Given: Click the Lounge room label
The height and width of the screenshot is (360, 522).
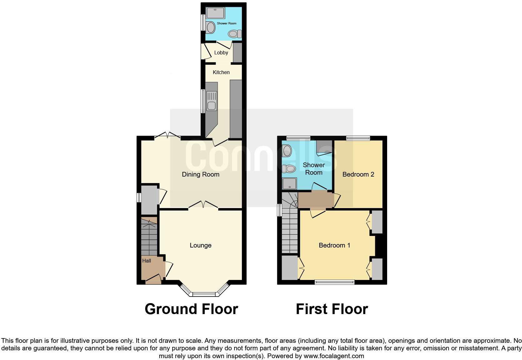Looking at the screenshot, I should point(200,246).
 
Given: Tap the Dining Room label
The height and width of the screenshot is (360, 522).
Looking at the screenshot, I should point(200,174).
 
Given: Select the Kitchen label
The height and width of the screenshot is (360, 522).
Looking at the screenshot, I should point(221,72).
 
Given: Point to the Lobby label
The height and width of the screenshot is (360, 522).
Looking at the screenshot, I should point(221,53).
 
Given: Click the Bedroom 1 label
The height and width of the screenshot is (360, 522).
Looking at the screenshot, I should point(334,246).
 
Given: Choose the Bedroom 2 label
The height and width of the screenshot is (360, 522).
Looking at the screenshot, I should point(358,174).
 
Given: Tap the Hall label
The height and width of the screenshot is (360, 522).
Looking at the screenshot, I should point(146,261).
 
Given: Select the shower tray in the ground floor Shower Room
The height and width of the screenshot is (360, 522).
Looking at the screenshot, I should point(215,13).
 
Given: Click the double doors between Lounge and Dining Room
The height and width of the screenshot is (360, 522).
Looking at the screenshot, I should point(203,205).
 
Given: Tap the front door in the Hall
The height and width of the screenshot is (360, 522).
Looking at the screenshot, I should point(153,279).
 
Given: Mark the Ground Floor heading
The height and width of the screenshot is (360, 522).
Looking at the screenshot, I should point(191,309).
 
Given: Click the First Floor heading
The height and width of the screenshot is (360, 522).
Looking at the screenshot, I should point(332,309).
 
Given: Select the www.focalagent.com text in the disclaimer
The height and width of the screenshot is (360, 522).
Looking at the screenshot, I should point(334,356).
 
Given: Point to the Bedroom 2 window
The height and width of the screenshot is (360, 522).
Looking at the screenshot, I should point(358,138).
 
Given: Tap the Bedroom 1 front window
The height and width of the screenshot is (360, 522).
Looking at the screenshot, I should point(334,282).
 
